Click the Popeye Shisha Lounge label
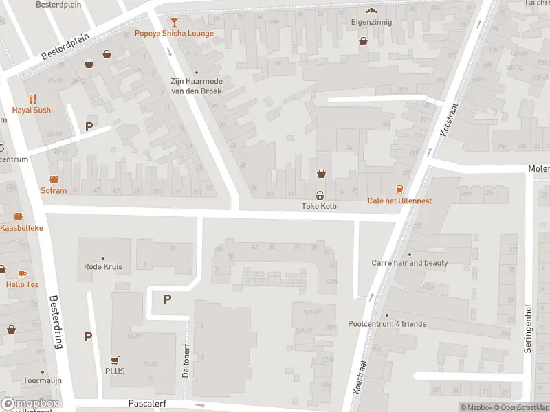point(174,33)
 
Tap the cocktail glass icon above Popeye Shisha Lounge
point(174,21)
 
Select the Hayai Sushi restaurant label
point(32,110)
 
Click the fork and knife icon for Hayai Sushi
point(32,99)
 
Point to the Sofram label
point(54,190)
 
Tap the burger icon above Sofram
point(54,179)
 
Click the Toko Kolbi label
point(320,206)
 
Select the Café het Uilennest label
point(399,201)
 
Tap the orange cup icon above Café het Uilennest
point(399,189)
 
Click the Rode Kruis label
point(102,267)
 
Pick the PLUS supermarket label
point(115,371)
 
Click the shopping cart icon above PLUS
point(115,359)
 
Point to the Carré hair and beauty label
point(410,263)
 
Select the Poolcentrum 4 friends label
point(387,324)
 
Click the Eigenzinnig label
point(371,21)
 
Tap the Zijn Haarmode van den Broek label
point(197,85)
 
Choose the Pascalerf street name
point(148,404)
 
